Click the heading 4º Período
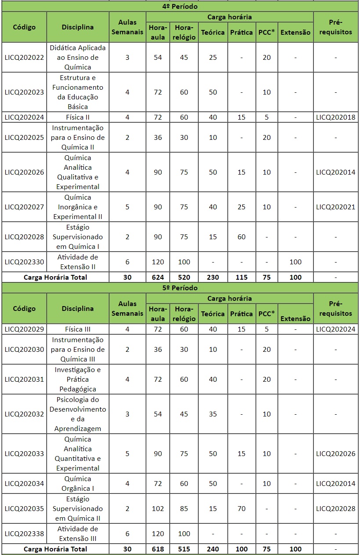(180, 7)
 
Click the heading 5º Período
(180, 288)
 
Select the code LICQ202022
(24, 58)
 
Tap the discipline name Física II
(78, 117)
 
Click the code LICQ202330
(24, 262)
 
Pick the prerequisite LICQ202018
(336, 117)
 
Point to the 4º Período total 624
(158, 277)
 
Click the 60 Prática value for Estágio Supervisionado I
(241, 237)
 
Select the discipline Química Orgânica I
(78, 484)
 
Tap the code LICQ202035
(24, 509)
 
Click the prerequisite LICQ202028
(336, 509)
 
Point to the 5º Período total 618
(158, 549)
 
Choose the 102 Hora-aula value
(158, 509)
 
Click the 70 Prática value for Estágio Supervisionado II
(241, 509)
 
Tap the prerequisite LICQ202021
(336, 207)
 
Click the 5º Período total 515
(184, 549)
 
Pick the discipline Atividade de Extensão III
(78, 534)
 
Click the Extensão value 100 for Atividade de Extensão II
(295, 262)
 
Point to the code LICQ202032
(24, 414)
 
